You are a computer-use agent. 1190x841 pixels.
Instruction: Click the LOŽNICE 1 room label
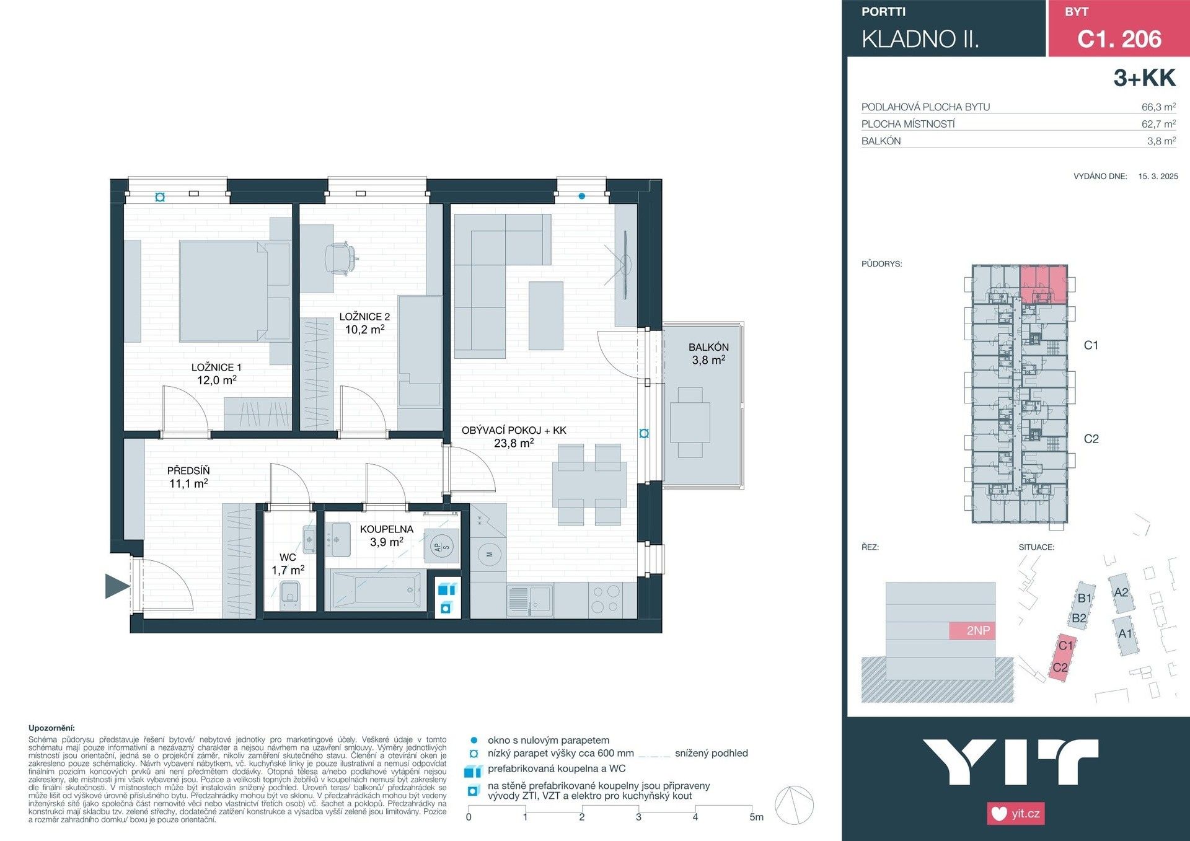tap(216, 367)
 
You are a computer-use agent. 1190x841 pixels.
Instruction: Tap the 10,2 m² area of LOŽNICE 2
tap(364, 330)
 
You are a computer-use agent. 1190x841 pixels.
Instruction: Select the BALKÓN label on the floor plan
tap(708, 347)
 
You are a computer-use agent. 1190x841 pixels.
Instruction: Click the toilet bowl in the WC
tap(289, 594)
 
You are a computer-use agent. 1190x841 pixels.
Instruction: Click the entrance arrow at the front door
tap(117, 586)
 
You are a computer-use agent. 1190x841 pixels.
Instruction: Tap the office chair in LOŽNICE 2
tap(340, 257)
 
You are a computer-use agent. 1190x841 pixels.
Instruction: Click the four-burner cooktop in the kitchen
tap(606, 599)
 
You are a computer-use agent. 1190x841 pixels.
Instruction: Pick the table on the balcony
tap(690, 422)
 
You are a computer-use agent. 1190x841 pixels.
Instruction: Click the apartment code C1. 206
tap(1119, 39)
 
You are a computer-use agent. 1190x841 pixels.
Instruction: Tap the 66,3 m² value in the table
tap(1158, 107)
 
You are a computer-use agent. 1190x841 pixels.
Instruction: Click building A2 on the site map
tap(1121, 592)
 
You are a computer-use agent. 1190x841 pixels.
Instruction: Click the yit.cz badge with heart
tap(1015, 813)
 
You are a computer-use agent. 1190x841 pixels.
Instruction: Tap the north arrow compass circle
tap(794, 805)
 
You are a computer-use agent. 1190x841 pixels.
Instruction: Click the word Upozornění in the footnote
tap(51, 728)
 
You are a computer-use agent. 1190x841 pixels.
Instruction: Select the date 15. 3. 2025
tap(1158, 176)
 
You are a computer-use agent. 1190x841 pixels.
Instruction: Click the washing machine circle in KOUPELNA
tap(443, 547)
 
